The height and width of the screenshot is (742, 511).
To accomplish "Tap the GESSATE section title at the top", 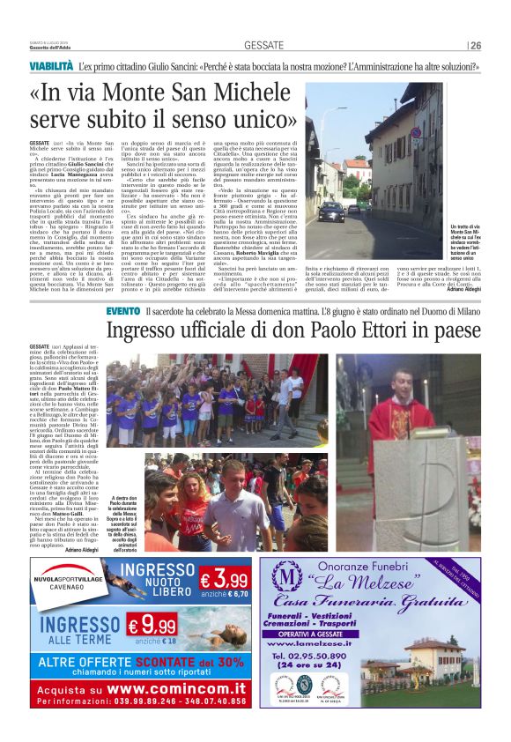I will point(263,45).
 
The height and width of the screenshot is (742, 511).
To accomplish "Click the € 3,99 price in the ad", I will point(223,579).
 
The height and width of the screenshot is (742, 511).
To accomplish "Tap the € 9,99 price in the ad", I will point(152,627).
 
